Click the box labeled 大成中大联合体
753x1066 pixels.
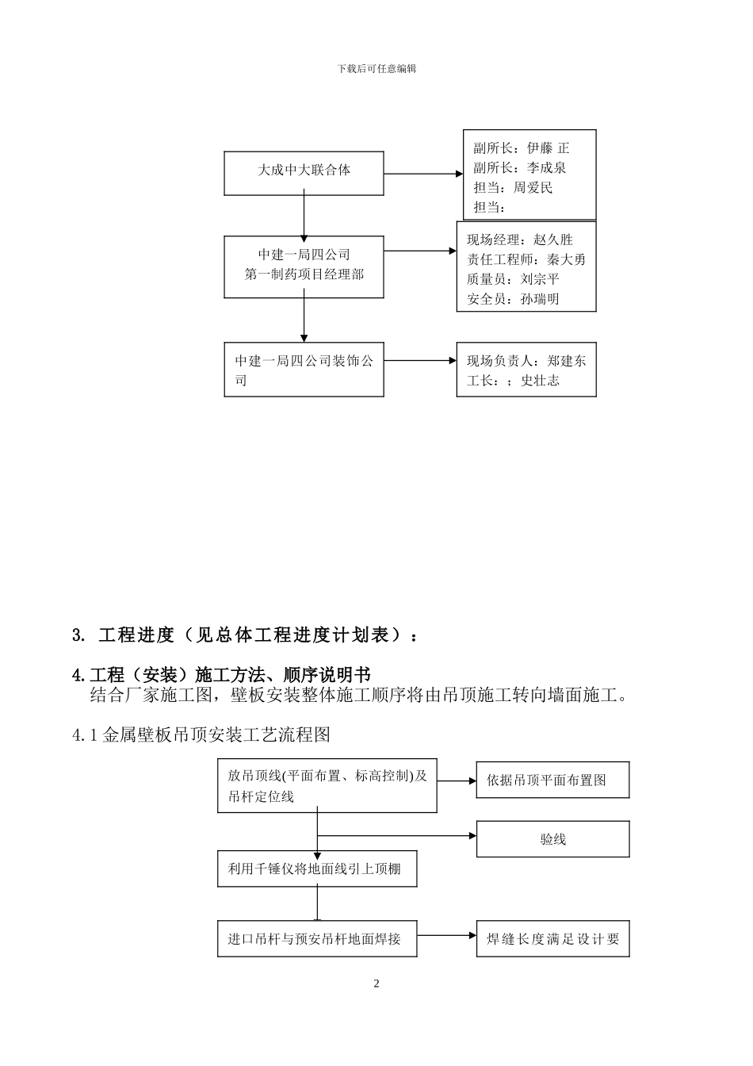pyautogui.click(x=304, y=173)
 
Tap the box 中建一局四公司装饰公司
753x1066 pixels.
pyautogui.click(x=304, y=370)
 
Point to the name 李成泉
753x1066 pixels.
pyautogui.click(x=547, y=168)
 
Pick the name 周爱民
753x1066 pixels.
pyautogui.click(x=533, y=188)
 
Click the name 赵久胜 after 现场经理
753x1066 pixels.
pyautogui.click(x=553, y=240)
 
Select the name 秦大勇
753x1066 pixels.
pyautogui.click(x=567, y=259)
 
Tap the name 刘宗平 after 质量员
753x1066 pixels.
pyautogui.click(x=540, y=279)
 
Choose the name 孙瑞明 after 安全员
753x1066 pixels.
pyautogui.click(x=540, y=299)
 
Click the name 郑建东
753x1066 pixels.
pyautogui.click(x=567, y=361)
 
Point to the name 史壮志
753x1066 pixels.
pyautogui.click(x=540, y=381)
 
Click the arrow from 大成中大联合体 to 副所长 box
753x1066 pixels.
pyautogui.click(x=422, y=173)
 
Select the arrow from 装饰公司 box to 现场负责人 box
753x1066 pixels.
pyautogui.click(x=420, y=361)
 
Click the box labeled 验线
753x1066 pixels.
pyautogui.click(x=552, y=839)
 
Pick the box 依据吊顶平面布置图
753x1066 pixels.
pyautogui.click(x=552, y=780)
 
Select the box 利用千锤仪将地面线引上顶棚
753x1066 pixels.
pyautogui.click(x=317, y=869)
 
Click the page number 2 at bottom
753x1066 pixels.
pyautogui.click(x=376, y=984)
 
